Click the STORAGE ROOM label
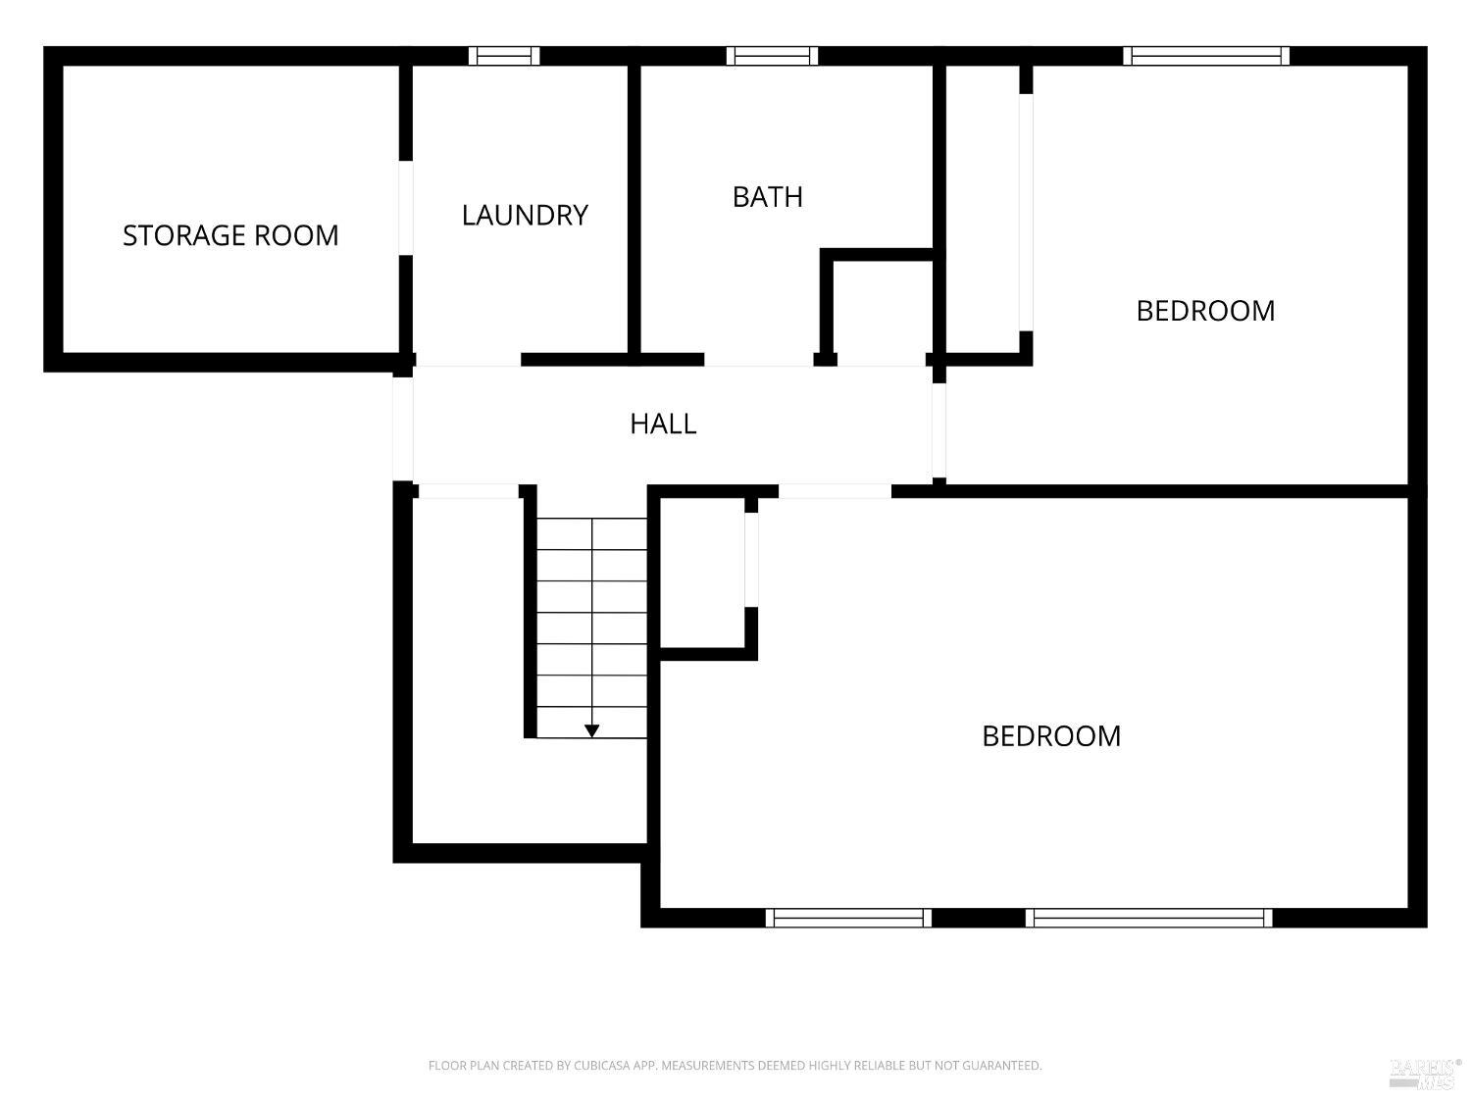coord(230,235)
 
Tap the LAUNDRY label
coord(525,216)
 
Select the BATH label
coord(767,197)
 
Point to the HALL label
coord(663,424)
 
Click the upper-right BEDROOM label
coord(1205,312)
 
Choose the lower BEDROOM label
coord(1051,736)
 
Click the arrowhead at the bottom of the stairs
coord(591,730)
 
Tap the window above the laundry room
coord(504,56)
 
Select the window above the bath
coord(772,56)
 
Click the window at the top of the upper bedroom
coord(1205,56)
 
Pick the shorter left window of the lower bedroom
coord(848,918)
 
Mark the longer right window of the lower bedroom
coord(1148,918)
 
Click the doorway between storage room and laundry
coord(405,208)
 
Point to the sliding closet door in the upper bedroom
coord(1026,213)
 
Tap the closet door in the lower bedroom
coord(751,559)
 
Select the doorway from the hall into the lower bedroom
coord(835,491)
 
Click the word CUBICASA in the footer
coord(601,1065)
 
